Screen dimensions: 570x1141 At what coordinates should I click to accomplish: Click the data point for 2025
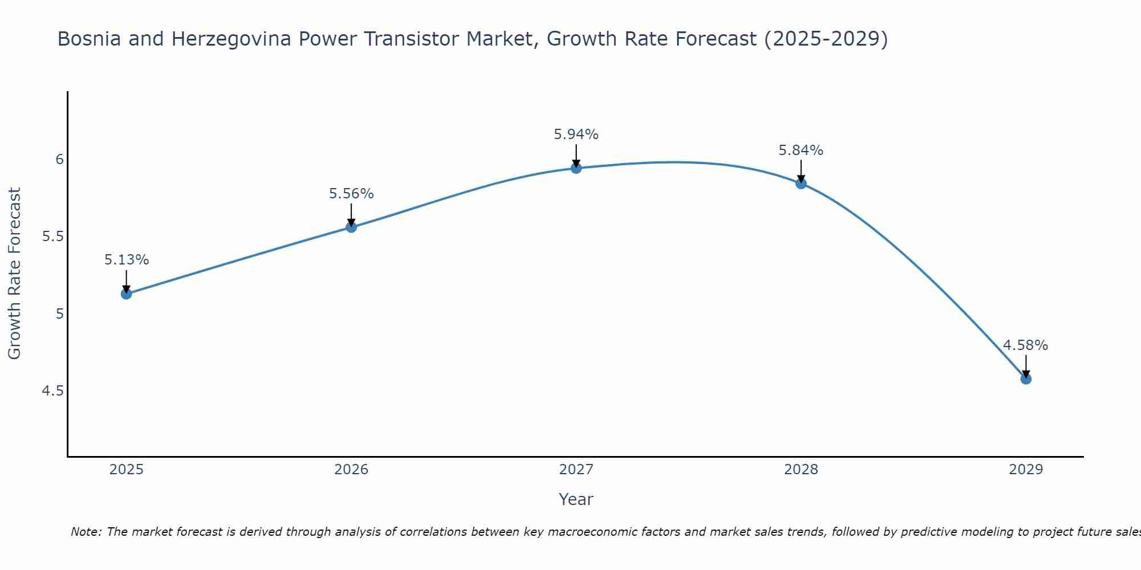coord(127,294)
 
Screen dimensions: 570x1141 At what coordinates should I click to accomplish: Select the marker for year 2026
coord(351,227)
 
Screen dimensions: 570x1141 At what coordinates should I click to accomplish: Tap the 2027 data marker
coord(576,168)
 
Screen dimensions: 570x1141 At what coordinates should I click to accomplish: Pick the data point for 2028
coord(801,184)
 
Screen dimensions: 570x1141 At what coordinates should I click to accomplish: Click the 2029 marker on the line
coord(1026,379)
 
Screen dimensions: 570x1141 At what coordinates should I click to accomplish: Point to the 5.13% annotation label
coord(127,260)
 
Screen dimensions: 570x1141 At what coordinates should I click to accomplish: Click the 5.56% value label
coord(351,194)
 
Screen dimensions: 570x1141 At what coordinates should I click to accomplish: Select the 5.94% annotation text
coord(576,135)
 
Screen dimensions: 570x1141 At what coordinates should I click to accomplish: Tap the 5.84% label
coord(801,150)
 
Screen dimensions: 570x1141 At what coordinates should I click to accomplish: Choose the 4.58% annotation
coord(1026,345)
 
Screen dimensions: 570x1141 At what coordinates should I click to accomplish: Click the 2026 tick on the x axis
coord(351,470)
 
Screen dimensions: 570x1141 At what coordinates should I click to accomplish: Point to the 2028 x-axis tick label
coord(801,470)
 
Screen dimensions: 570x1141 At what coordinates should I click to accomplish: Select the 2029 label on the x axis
coord(1026,470)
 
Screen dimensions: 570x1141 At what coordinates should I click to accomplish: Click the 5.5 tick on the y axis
coord(52,237)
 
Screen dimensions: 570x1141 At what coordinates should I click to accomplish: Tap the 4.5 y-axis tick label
coord(52,391)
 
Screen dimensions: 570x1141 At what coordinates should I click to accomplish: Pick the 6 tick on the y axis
coord(59,160)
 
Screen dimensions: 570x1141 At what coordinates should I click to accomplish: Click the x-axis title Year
coord(576,499)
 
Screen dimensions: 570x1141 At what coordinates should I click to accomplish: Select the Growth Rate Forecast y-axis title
coord(15,274)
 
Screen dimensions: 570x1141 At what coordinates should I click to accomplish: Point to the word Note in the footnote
coord(86,532)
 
